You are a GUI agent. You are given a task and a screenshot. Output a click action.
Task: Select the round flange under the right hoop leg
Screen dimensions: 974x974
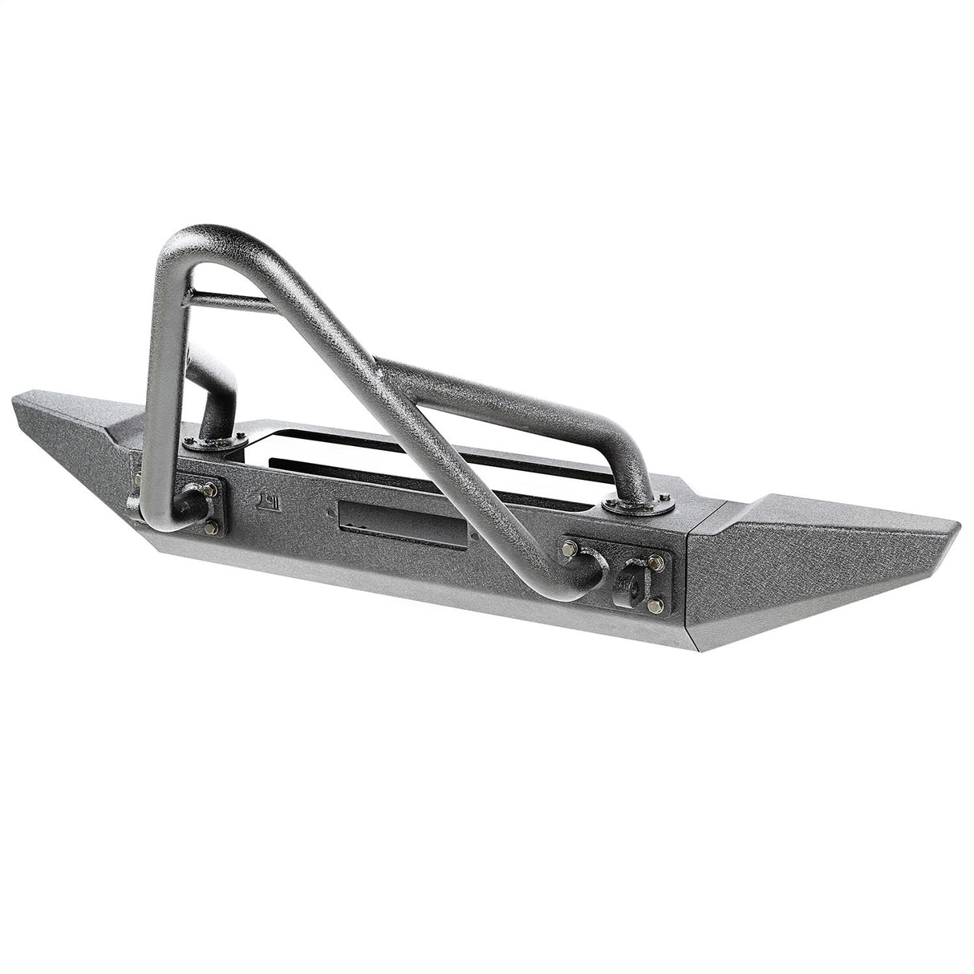coord(639,505)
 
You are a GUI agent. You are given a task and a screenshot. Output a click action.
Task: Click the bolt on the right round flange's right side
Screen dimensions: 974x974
coord(666,501)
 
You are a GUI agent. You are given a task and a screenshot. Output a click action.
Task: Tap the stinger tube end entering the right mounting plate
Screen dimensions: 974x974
coord(590,561)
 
